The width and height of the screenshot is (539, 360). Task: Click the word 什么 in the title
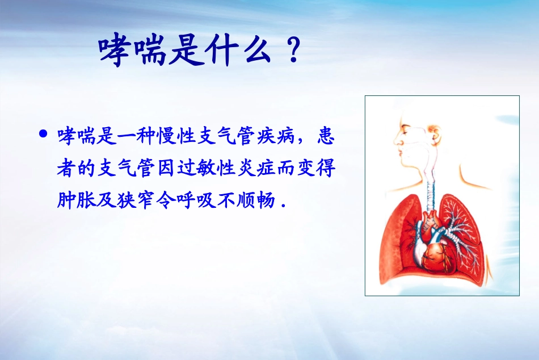click(x=234, y=52)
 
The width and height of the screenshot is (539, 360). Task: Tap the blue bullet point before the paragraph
click(x=42, y=135)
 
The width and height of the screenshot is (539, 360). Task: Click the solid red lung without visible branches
click(x=397, y=238)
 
